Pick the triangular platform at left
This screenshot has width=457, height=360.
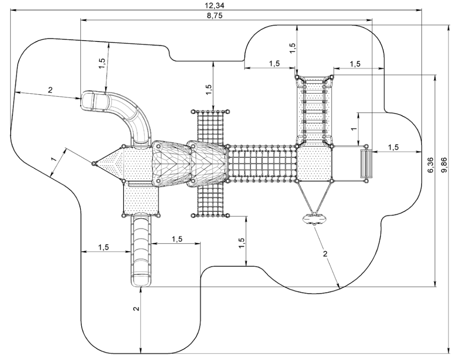[x=110, y=163]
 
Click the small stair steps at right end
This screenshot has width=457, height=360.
[x=366, y=164]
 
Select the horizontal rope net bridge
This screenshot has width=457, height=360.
[x=262, y=163]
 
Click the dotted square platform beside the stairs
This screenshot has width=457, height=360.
[x=314, y=164]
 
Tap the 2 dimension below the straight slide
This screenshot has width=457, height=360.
[x=136, y=309]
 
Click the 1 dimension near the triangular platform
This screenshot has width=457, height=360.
[x=54, y=160]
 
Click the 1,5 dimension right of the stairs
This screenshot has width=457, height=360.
[x=393, y=147]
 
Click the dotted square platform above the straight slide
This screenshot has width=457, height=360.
[x=141, y=199]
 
